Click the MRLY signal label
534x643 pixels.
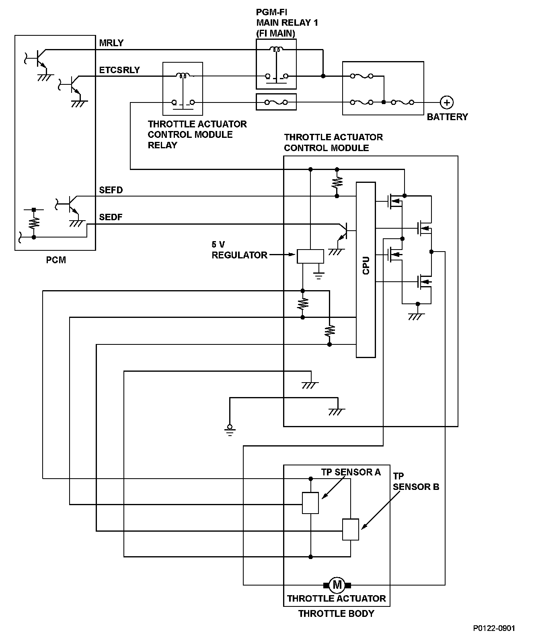[111, 43]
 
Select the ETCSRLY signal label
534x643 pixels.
[119, 70]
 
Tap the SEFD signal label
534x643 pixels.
[111, 190]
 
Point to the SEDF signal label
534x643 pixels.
[111, 217]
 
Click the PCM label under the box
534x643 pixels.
[56, 260]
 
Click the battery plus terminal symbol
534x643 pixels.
[446, 102]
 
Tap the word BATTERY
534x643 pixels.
[447, 117]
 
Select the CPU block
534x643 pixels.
[366, 269]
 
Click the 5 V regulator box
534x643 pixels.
[310, 256]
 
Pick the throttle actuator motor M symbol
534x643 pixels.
[337, 584]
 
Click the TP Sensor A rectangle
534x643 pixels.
[310, 503]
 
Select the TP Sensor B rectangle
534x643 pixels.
[350, 529]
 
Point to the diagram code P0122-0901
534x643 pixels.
[494, 628]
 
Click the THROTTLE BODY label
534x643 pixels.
[336, 614]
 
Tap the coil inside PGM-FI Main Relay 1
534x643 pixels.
[276, 50]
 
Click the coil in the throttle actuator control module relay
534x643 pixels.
[183, 75]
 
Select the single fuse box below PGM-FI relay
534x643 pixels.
[276, 102]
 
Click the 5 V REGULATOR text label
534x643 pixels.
[239, 250]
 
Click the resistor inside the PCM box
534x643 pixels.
[34, 222]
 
